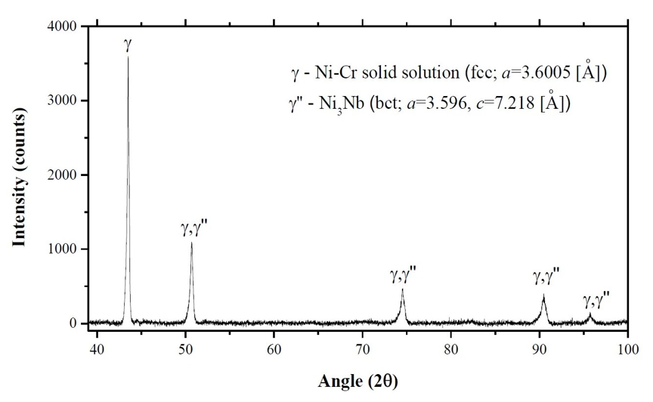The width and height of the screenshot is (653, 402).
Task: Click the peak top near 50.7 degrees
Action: click(x=191, y=243)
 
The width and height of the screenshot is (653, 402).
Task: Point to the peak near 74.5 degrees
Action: click(x=402, y=289)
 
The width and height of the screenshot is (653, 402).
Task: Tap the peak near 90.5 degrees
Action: click(x=543, y=295)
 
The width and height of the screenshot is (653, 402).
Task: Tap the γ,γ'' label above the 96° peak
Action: click(x=596, y=300)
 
